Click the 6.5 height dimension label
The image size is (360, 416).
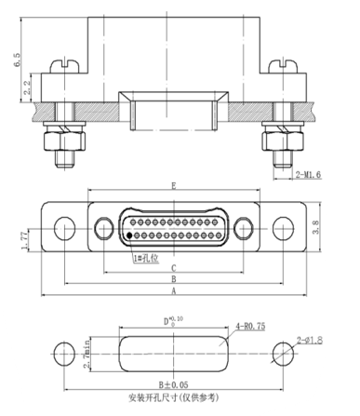(18, 60)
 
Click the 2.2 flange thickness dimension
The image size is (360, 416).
(27, 87)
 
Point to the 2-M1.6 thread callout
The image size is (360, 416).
(308, 174)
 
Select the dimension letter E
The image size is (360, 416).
(174, 186)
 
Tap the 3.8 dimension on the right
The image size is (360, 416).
(315, 227)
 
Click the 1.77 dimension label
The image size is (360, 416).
(24, 240)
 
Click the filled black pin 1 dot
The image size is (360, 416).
(129, 235)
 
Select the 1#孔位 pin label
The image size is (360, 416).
(146, 258)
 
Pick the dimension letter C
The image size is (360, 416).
(174, 268)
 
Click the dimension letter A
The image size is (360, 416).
(174, 291)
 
